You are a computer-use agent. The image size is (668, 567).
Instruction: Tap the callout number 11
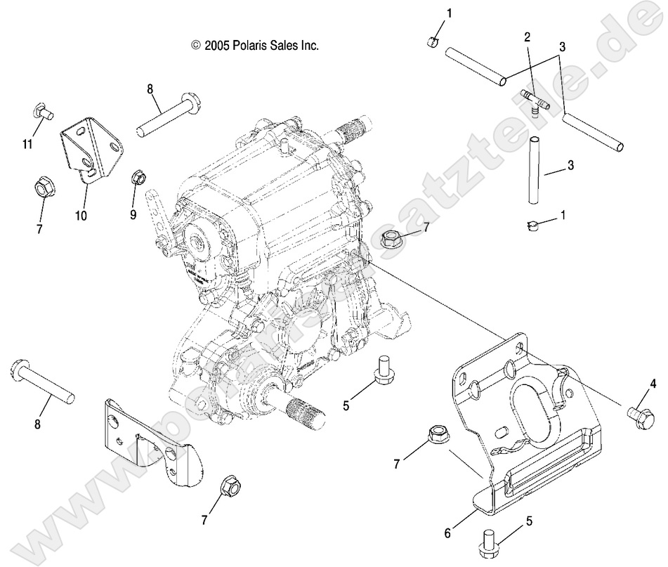[27, 144]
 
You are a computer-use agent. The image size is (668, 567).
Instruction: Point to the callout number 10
[81, 216]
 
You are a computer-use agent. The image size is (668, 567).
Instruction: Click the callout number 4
[653, 384]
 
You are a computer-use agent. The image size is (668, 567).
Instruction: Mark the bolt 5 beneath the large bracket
[487, 540]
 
